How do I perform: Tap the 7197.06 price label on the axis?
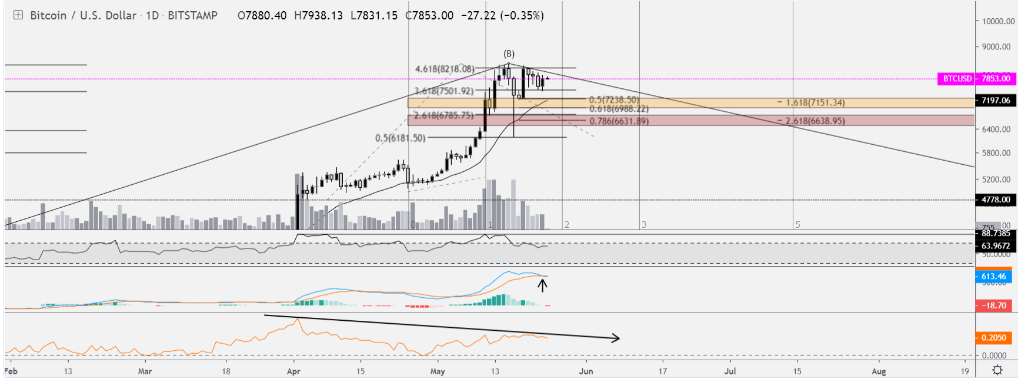996,101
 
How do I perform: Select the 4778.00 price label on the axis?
996,200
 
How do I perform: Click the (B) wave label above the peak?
509,54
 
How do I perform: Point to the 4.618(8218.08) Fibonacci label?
445,69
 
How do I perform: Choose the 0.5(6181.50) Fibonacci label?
400,138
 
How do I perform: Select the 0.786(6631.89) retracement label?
619,121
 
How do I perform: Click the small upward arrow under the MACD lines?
542,285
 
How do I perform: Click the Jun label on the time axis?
586,371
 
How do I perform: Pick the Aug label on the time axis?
879,371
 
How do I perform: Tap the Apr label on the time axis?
293,371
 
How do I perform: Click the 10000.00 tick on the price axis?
998,21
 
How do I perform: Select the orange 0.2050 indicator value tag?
994,338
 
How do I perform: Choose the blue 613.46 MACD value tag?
994,277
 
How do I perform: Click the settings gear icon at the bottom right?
997,370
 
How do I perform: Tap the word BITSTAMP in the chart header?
192,15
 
